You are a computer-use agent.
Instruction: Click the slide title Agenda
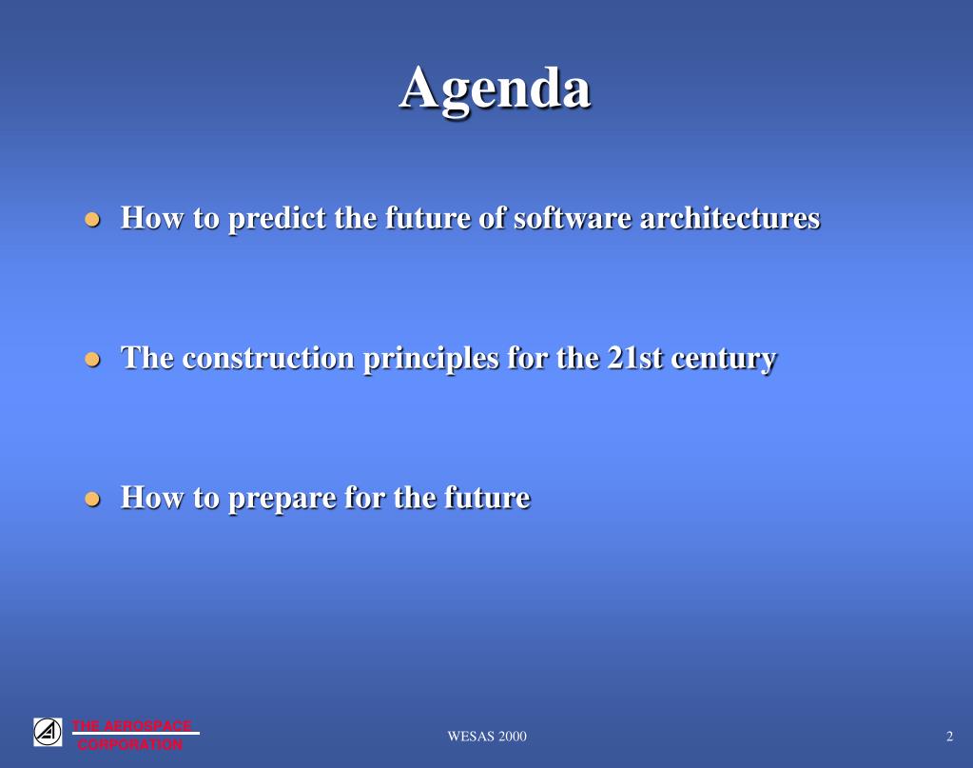495,90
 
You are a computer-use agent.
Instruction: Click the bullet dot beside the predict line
92,219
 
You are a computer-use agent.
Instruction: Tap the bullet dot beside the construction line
92,360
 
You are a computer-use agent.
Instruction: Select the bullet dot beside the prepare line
92,500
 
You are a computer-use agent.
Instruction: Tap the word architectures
730,218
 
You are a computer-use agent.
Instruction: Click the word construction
268,358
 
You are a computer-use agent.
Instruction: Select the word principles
431,359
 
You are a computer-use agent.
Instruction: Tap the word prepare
282,499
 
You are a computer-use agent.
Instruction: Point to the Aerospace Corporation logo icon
48,732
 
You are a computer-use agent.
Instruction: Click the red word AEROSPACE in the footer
147,726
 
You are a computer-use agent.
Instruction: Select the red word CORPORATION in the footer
130,744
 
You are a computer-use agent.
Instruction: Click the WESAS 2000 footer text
487,737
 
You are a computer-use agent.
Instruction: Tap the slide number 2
949,737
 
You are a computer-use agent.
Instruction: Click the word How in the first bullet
152,218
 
